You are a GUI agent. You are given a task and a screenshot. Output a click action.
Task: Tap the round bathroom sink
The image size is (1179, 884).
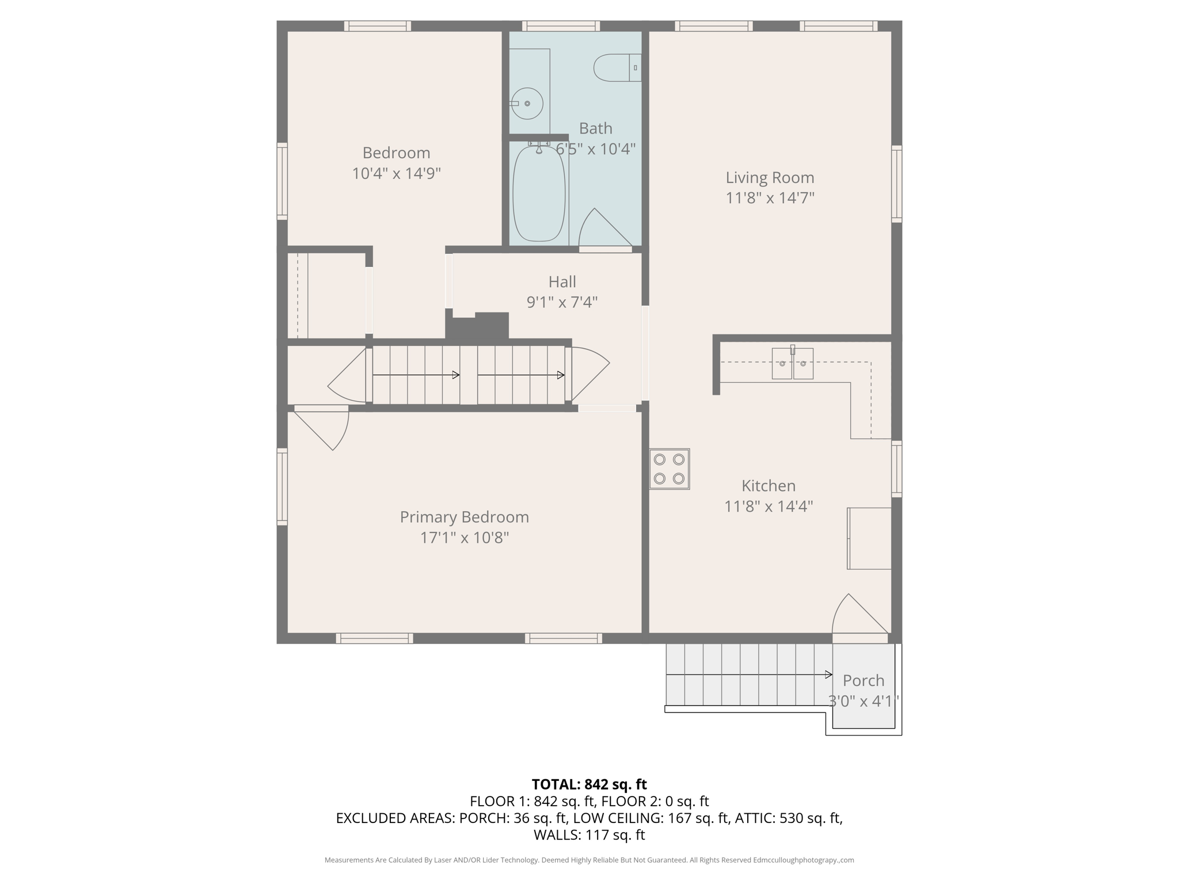tap(527, 104)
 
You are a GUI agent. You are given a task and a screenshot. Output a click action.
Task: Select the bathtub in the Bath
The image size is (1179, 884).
tap(539, 194)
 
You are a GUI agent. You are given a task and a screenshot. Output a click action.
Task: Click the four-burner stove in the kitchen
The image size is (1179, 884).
tap(670, 469)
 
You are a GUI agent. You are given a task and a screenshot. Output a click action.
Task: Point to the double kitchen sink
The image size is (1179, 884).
tap(792, 364)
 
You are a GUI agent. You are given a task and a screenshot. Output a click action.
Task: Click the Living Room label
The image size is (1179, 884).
tap(770, 178)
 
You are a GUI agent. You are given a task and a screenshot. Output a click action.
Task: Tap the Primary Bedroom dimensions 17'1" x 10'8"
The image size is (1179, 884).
tap(465, 538)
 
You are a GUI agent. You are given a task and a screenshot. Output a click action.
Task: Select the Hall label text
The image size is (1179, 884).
tap(562, 282)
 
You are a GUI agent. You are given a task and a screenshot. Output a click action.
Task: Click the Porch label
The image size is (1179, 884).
tap(863, 681)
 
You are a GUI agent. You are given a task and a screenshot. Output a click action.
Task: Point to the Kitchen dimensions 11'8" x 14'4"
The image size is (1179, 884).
tap(768, 506)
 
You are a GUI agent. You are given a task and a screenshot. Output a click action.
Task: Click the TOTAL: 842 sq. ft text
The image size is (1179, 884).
tap(589, 784)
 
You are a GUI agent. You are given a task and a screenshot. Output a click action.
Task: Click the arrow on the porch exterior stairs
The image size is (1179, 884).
tap(748, 675)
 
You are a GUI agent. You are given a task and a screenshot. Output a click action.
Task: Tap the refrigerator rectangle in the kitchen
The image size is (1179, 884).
tap(869, 539)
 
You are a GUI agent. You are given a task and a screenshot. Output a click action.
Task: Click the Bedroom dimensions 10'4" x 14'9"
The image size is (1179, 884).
tap(396, 173)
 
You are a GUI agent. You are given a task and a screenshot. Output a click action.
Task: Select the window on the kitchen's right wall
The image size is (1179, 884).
tap(896, 468)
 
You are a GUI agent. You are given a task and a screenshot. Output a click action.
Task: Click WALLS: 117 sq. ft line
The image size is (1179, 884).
tap(589, 835)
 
